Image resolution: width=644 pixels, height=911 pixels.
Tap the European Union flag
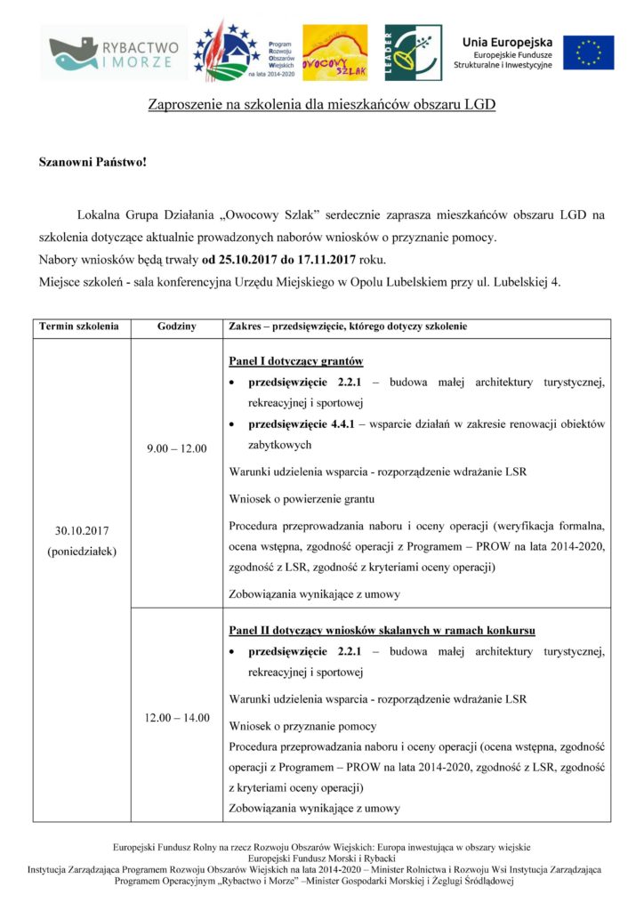588,52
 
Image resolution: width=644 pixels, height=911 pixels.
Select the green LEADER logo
411,52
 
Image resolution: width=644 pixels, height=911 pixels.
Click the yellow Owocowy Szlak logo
334,52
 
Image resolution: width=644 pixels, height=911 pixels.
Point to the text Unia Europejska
507,41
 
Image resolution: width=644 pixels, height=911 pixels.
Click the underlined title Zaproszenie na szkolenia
321,105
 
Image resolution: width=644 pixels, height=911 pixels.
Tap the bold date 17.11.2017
320,261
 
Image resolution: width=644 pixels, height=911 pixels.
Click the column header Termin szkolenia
79,327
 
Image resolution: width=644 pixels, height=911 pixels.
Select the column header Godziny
176,327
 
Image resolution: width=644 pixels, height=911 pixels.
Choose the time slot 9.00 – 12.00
176,447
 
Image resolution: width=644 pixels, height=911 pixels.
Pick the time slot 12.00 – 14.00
177,717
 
